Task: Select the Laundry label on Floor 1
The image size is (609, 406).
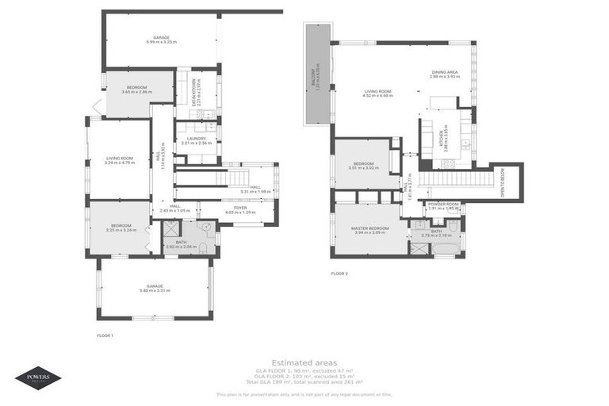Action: tap(196, 140)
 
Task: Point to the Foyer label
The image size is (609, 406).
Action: tap(240, 209)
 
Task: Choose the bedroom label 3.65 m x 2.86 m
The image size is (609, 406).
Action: tap(136, 90)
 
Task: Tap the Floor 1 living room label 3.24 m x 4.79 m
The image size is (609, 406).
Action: tap(120, 160)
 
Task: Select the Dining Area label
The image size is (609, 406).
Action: tap(445, 74)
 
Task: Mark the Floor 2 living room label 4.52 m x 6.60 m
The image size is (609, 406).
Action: tap(378, 94)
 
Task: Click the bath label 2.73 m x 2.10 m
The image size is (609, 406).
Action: tap(436, 234)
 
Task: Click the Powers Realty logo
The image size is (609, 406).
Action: tap(37, 377)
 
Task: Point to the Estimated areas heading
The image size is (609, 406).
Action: tap(304, 362)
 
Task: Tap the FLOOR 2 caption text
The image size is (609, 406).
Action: tap(339, 274)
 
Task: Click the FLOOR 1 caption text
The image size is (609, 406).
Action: tap(105, 335)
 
